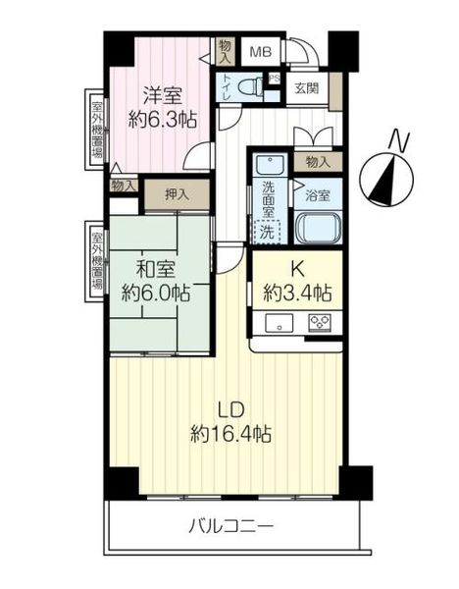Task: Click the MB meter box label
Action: (261, 51)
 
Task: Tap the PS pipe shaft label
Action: (275, 79)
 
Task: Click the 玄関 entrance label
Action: (307, 88)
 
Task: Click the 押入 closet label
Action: (177, 194)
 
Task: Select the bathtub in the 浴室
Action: (318, 227)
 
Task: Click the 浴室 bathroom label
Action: (318, 195)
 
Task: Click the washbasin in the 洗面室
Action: (271, 165)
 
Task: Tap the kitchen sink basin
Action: (280, 323)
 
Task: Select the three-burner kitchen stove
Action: (320, 323)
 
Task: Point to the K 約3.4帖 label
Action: (297, 282)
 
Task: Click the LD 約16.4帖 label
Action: (230, 421)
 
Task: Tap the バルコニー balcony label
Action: (230, 526)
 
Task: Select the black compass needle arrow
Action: (382, 180)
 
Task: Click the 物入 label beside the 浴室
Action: (318, 162)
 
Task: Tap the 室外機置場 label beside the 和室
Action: (97, 261)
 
